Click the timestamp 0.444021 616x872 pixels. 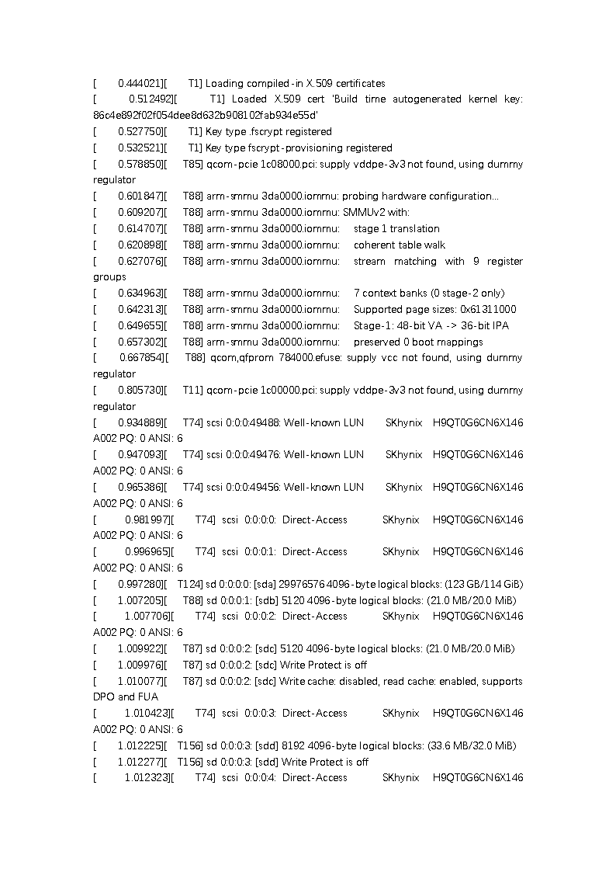click(x=140, y=83)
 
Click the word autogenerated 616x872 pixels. click(x=419, y=99)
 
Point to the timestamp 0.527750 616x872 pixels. click(x=140, y=132)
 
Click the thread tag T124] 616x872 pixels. click(x=190, y=584)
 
